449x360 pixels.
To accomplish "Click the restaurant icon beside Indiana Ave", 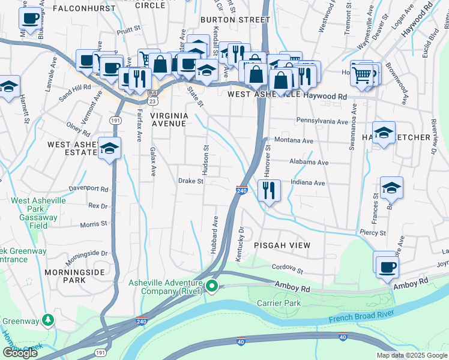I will click(x=270, y=191).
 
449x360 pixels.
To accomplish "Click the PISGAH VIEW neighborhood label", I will click(x=282, y=245).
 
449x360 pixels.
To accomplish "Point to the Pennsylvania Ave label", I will click(x=322, y=121).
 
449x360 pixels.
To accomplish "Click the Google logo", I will click(x=20, y=353).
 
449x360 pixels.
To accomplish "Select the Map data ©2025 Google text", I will click(x=412, y=355).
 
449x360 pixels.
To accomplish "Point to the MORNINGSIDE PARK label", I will click(x=75, y=276).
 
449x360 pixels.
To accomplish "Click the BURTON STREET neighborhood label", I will click(x=232, y=20).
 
